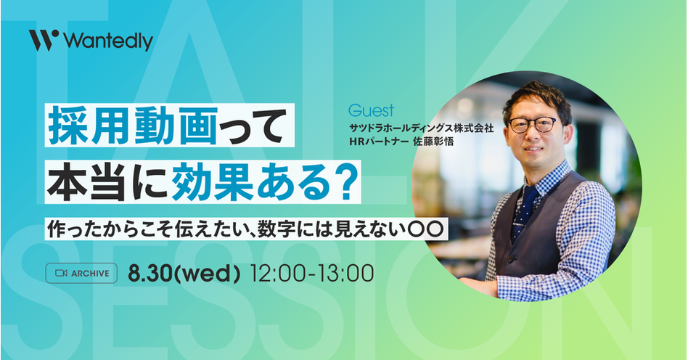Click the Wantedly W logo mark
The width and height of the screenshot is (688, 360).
[x=44, y=41]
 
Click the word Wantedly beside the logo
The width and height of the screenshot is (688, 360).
[x=108, y=41]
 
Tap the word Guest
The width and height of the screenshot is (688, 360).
[x=371, y=110]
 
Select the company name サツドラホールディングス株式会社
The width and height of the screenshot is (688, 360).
[x=421, y=128]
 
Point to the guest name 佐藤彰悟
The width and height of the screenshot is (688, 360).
[x=433, y=142]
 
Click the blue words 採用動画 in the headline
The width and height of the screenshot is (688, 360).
[x=133, y=126]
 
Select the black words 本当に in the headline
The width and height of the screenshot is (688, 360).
[x=108, y=181]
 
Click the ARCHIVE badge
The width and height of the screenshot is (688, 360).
[x=81, y=273]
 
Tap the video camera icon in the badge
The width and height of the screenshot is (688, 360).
[x=61, y=274]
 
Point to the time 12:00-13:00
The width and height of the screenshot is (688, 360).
[x=311, y=274]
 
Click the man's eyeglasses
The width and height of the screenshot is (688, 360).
[x=534, y=124]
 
